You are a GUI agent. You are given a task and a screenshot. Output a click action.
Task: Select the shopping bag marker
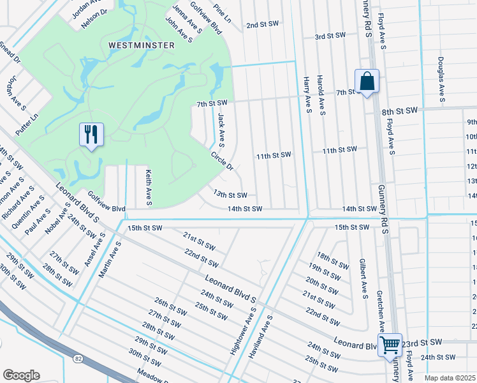click(367, 82)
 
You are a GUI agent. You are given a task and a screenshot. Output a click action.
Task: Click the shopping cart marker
click(390, 346)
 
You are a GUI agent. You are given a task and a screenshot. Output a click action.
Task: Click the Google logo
click(21, 375)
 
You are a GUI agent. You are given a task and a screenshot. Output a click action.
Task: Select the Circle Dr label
click(223, 160)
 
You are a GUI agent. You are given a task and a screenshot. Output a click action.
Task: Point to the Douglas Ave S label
click(441, 80)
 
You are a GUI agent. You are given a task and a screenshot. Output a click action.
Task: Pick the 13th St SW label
click(230, 194)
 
